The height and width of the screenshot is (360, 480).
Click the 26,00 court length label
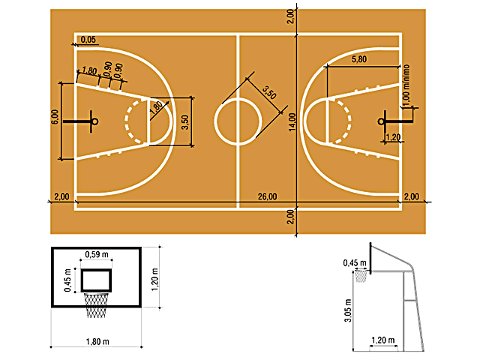(267, 196)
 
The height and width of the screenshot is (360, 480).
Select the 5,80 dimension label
(358, 59)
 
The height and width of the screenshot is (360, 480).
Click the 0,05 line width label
(88, 39)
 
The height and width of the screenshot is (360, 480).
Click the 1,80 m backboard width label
(95, 343)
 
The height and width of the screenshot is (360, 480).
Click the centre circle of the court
(238, 121)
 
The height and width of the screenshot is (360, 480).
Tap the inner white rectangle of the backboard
(96, 280)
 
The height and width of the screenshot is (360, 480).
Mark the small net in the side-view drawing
(361, 276)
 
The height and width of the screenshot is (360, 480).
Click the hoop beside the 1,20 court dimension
(382, 121)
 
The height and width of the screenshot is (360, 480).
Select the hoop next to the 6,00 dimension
(94, 121)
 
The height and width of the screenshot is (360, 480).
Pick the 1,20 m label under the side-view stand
(382, 340)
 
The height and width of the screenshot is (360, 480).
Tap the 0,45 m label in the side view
(350, 262)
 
